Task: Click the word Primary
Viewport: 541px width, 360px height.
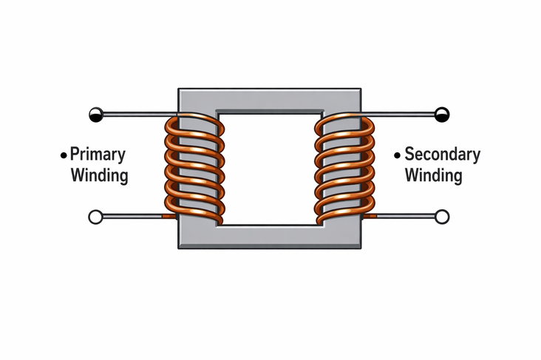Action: click(x=98, y=154)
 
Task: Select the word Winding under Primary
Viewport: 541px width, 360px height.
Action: click(x=98, y=176)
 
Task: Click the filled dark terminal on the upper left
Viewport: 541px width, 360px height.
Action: click(x=95, y=114)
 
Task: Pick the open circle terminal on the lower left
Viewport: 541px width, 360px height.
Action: click(x=95, y=217)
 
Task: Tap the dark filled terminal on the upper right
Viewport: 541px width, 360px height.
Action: click(x=442, y=114)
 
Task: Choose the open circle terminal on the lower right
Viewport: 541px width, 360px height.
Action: click(x=442, y=217)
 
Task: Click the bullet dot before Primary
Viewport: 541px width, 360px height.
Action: click(x=64, y=155)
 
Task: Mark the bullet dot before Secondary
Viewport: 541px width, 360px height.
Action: click(x=398, y=155)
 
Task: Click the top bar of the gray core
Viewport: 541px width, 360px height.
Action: click(x=269, y=100)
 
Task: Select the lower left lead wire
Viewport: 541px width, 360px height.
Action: click(x=133, y=217)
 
